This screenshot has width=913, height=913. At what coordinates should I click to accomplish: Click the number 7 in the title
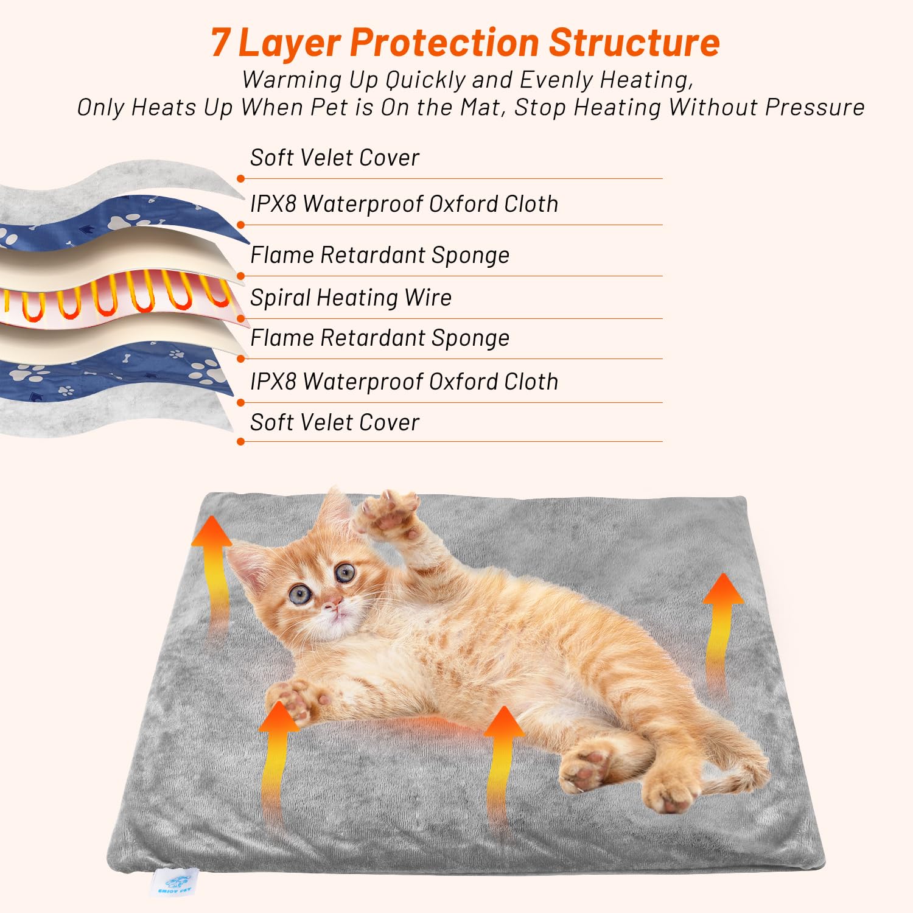coord(220,43)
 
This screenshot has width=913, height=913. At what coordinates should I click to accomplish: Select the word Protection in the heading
coord(444,43)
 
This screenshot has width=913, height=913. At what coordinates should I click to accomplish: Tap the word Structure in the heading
coord(634,43)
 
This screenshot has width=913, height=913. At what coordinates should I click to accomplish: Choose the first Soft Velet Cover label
coord(334,158)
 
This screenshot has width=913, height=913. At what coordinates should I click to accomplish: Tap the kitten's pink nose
coord(332,604)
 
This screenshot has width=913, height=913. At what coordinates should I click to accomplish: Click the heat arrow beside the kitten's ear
coord(213,566)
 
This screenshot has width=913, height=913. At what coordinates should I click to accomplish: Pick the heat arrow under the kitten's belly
coord(503,761)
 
